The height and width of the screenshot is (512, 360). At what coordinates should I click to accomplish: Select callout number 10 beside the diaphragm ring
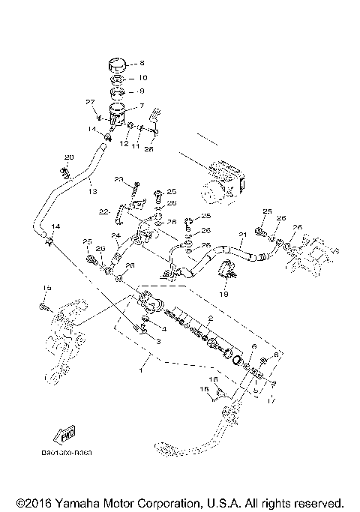143,78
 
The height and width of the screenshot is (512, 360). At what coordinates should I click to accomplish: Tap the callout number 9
143,91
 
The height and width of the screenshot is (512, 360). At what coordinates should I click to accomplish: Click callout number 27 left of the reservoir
90,102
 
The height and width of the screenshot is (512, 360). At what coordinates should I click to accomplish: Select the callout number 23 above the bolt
118,179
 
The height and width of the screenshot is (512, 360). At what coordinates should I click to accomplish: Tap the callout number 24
116,236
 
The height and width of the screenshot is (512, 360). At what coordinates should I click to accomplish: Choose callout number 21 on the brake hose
241,235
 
